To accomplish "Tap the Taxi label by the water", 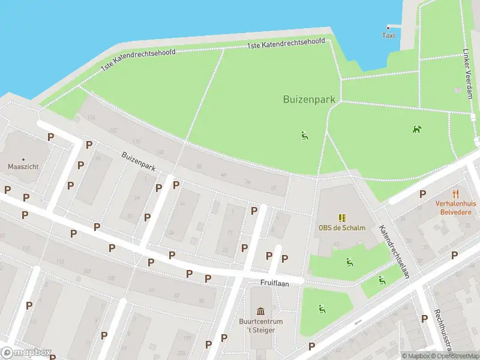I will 389,35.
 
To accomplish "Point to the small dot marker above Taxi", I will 389,27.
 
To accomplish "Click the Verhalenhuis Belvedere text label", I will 457,208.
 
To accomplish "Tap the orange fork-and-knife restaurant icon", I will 457,194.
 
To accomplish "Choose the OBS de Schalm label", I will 341,227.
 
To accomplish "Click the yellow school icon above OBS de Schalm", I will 341,218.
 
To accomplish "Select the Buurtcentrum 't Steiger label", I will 261,325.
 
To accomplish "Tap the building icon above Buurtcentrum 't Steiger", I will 261,311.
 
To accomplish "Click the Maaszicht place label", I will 19,166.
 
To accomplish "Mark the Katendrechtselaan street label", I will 394,252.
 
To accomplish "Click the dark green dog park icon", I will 416,129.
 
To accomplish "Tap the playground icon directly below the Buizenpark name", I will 305,136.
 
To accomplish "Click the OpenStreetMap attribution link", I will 456,356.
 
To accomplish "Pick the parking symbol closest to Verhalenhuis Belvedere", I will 423,194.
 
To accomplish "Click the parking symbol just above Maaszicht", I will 50,137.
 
